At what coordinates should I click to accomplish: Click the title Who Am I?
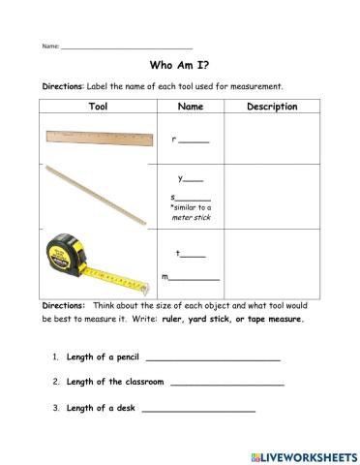coord(179,67)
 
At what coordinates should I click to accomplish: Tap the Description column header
coord(272,107)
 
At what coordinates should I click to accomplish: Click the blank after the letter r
coord(195,141)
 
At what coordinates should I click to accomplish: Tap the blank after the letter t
coord(194,255)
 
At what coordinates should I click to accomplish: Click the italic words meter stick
coord(190,218)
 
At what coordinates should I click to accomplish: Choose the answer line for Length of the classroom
coord(226,383)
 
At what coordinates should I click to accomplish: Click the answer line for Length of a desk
coord(198,409)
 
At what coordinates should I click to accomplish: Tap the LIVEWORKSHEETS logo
coord(303,452)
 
